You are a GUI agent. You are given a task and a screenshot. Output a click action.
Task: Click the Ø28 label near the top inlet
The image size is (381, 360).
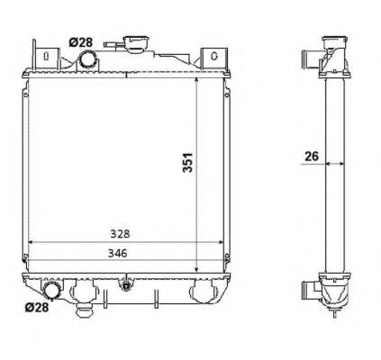click(80, 41)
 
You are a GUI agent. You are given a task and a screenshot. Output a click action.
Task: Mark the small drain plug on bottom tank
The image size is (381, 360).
click(127, 290)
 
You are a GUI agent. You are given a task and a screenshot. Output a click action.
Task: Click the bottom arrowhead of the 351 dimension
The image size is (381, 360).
click(195, 268)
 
